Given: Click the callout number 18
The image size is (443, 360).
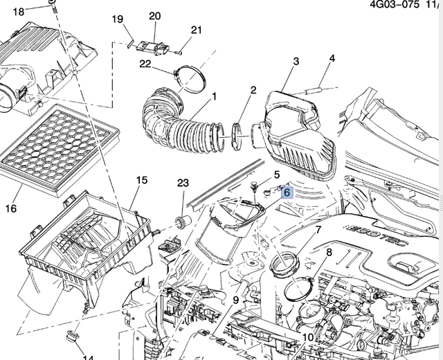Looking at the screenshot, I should (19, 12).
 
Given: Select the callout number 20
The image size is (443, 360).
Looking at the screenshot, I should (154, 16).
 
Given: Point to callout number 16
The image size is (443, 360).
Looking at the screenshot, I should (11, 208).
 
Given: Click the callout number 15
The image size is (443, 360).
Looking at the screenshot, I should (141, 181).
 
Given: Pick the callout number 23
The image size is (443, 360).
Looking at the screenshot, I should (183, 183).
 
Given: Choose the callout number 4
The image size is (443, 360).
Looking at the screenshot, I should (332, 59).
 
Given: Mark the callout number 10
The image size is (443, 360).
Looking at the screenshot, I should (307, 337).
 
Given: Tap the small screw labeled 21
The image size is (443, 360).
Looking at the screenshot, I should (178, 50).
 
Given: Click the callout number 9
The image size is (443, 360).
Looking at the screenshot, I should (235, 300).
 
